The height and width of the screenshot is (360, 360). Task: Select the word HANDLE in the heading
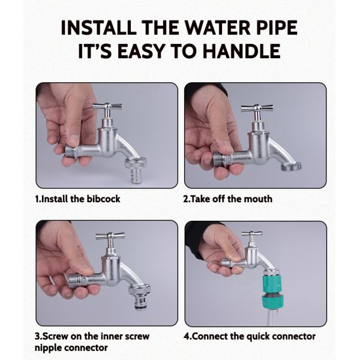242,51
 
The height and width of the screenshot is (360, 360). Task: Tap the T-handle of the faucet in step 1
107,107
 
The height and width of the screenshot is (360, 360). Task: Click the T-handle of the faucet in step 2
257,109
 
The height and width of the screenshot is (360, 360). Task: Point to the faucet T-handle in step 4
252,233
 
